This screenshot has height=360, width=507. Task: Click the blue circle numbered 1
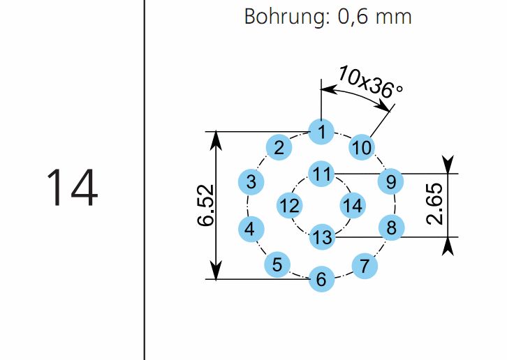click(x=321, y=131)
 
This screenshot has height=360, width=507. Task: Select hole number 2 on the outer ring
click(x=279, y=147)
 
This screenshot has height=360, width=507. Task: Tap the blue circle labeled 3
click(x=251, y=182)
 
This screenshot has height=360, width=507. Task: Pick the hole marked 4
click(x=251, y=228)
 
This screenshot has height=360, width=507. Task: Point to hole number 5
click(x=277, y=264)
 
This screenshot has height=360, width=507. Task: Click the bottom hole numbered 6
click(x=321, y=279)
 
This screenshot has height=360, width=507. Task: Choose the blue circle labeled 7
click(x=364, y=266)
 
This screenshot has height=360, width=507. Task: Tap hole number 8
click(x=391, y=227)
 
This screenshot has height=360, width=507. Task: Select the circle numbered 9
click(x=391, y=182)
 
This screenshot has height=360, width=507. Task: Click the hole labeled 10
click(x=362, y=147)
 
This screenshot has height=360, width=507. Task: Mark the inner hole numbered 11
click(x=321, y=173)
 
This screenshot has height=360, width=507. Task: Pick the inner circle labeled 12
click(x=289, y=205)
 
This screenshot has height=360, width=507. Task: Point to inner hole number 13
click(x=322, y=237)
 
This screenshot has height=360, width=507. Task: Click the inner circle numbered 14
click(x=353, y=205)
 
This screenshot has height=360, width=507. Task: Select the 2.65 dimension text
click(x=435, y=205)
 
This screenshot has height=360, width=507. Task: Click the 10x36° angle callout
click(x=370, y=81)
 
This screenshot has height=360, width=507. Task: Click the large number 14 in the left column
click(x=71, y=188)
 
